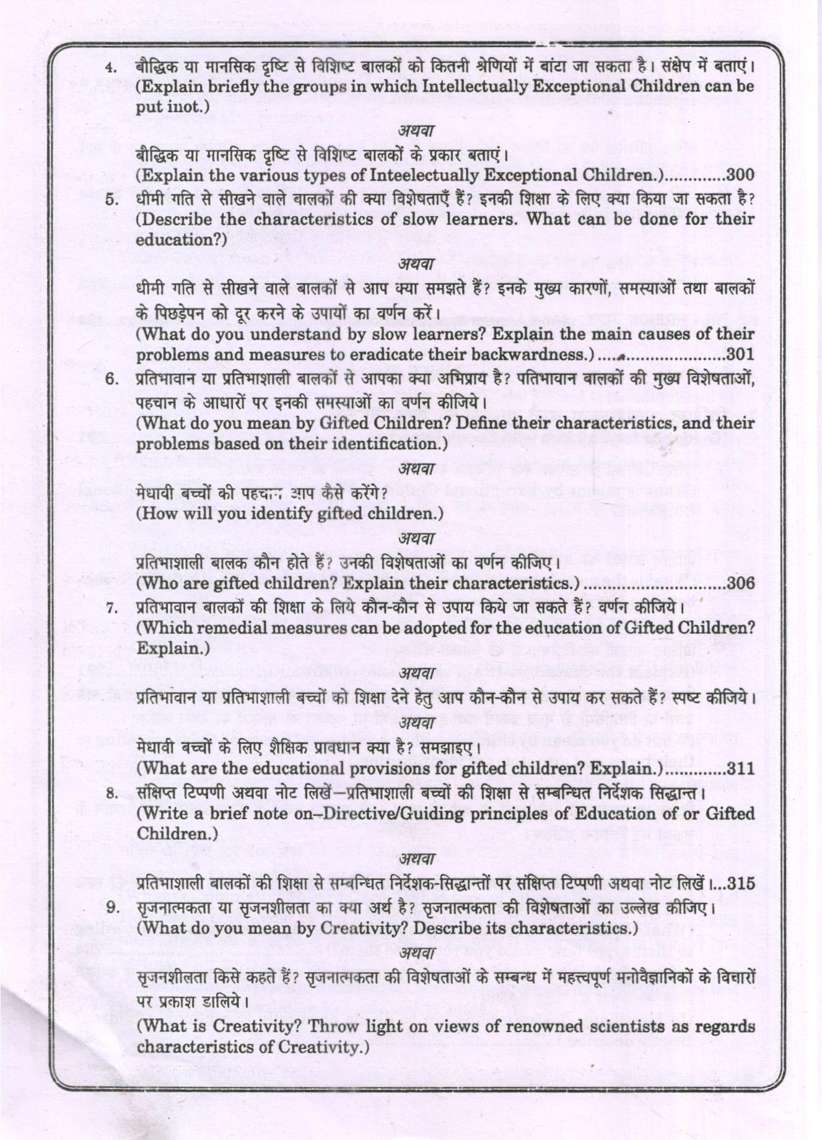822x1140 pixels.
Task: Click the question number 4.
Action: click(x=111, y=67)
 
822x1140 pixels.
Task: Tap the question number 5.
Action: click(x=111, y=199)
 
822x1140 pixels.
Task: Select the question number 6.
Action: click(x=111, y=379)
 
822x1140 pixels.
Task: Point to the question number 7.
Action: click(x=111, y=607)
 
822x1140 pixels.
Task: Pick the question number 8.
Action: click(x=111, y=792)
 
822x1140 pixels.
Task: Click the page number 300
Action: click(x=740, y=175)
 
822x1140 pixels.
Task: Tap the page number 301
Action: click(x=740, y=355)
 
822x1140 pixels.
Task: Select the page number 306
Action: click(x=740, y=583)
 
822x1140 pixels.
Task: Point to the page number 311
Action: click(x=740, y=769)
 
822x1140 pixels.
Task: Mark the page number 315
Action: click(x=740, y=884)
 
